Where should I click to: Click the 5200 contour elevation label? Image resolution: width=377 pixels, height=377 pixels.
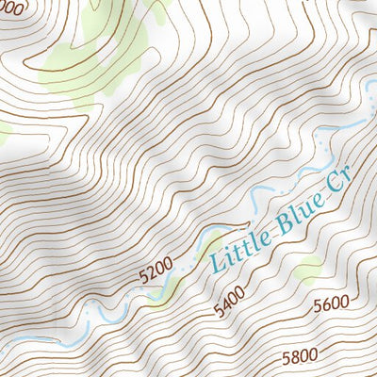click(156, 273)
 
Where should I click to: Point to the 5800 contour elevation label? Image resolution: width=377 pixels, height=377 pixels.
click(299, 356)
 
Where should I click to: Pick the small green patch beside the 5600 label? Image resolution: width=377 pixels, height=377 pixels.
click(307, 273)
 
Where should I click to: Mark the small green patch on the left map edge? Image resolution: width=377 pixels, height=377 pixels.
click(4, 133)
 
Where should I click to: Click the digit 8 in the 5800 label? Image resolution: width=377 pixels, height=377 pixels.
click(293, 358)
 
